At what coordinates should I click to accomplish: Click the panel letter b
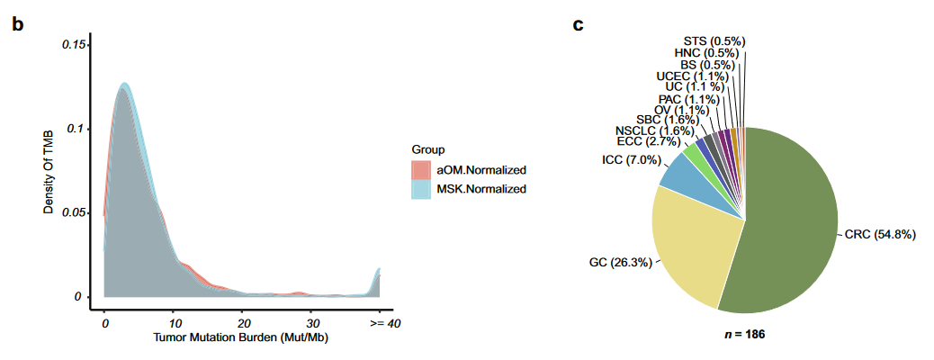click(17, 24)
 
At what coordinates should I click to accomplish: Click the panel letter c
click(579, 24)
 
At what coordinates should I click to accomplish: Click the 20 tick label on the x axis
click(243, 322)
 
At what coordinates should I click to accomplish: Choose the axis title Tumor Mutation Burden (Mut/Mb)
click(240, 339)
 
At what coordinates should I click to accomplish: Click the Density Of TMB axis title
click(49, 171)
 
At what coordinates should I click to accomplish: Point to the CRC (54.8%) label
click(879, 235)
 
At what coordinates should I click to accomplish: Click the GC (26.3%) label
click(613, 262)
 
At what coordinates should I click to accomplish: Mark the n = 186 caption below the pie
click(744, 334)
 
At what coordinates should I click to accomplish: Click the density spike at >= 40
click(379, 274)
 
